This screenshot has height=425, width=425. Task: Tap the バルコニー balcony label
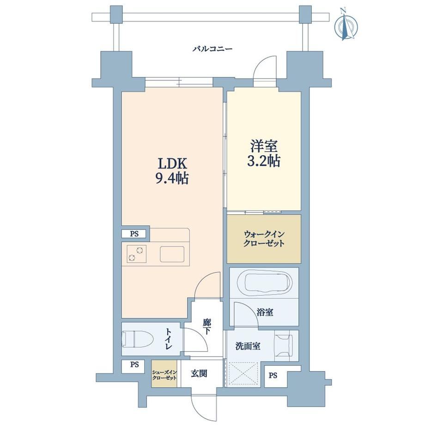tap(212, 49)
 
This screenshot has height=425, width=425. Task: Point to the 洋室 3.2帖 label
tap(263, 153)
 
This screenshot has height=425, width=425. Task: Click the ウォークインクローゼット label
tap(264, 238)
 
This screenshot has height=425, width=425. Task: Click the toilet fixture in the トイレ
tap(138, 339)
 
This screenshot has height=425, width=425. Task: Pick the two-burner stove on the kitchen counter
tap(136, 254)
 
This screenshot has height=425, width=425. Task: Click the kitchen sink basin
tap(172, 254)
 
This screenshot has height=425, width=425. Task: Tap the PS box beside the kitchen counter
tap(134, 234)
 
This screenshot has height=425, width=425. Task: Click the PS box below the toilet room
tap(134, 365)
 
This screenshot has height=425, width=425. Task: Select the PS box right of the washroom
tap(273, 376)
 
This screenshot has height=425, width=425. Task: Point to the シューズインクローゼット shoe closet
tap(164, 374)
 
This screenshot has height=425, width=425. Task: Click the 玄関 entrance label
tap(199, 374)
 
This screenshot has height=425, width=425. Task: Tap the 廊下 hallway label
tap(206, 327)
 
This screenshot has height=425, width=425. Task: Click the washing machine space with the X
tap(243, 374)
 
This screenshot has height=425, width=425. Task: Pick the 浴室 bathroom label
tap(265, 312)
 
